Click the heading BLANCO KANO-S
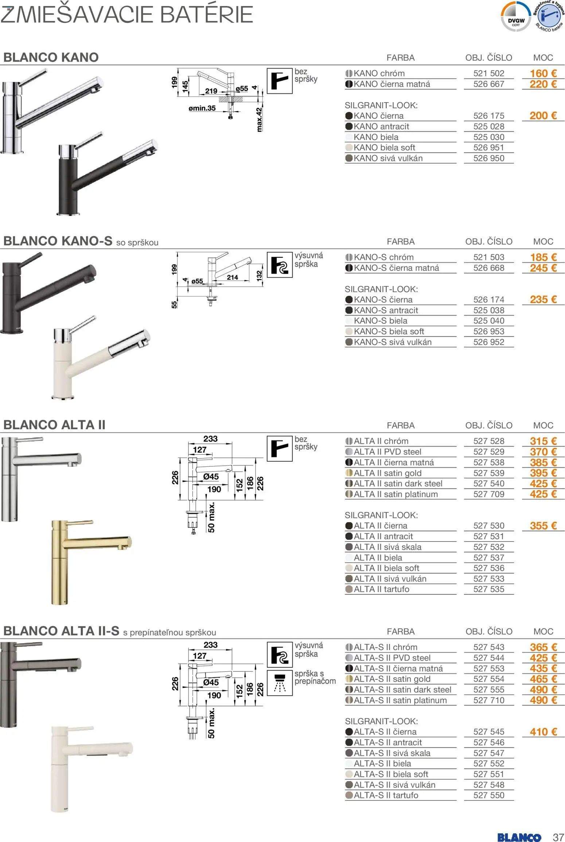(x=58, y=241)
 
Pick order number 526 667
(x=488, y=84)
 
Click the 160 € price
(x=543, y=73)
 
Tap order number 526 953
(x=488, y=331)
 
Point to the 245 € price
(x=543, y=268)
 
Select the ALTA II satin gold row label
(x=387, y=473)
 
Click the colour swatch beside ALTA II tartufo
(x=349, y=589)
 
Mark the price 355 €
(x=543, y=526)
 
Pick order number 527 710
(x=488, y=701)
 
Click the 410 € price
(x=543, y=732)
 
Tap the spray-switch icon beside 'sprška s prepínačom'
(x=280, y=683)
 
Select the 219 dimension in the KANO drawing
(x=211, y=91)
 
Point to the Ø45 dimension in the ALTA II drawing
(x=211, y=477)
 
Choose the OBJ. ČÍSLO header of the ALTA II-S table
(x=488, y=632)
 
